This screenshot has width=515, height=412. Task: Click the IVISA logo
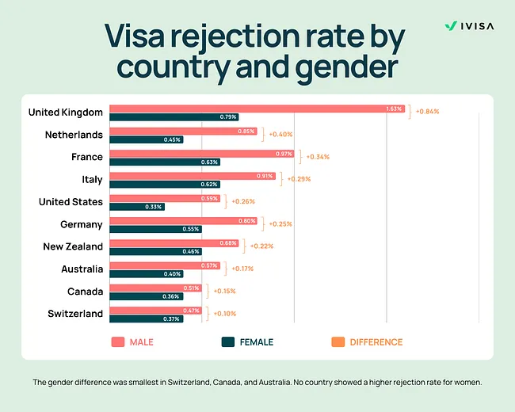[469, 25]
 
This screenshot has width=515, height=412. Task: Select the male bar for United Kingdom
[257, 109]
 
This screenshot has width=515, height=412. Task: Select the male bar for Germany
[185, 221]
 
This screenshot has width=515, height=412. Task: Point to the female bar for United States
[138, 206]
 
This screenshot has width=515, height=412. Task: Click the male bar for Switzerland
[156, 311]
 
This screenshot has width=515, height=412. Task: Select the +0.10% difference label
[224, 314]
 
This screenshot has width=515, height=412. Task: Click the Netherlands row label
[74, 135]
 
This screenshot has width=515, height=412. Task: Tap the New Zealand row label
[73, 246]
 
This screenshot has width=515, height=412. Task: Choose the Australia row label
[82, 269]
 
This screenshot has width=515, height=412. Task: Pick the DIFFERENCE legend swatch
[337, 342]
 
